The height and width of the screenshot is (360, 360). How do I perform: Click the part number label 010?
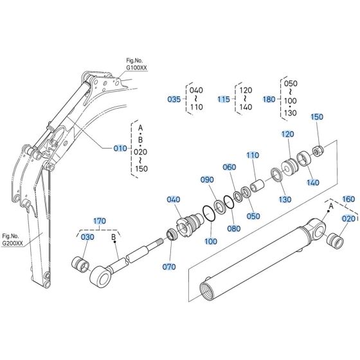[x=120, y=148]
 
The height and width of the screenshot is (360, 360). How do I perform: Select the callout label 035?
[x=174, y=100]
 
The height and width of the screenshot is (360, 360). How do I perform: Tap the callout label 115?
[x=223, y=100]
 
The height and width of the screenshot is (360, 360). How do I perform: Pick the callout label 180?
[x=269, y=100]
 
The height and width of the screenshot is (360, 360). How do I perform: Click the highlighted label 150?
[x=317, y=117]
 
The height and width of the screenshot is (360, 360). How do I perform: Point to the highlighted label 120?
[x=287, y=134]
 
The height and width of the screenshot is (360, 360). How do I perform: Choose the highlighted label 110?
[x=253, y=155]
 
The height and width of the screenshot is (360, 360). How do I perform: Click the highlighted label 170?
[x=99, y=221]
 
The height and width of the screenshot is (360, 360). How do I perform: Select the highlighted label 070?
[x=168, y=265]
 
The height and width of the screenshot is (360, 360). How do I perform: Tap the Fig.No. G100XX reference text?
[x=136, y=64]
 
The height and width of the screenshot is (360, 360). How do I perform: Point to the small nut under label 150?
[x=317, y=152]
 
